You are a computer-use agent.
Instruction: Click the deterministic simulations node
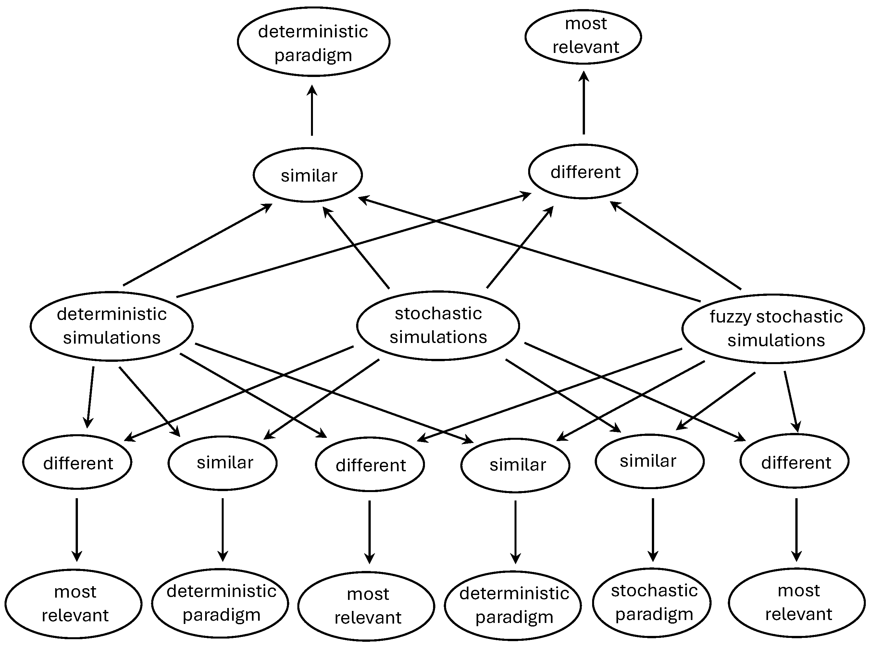tap(111, 326)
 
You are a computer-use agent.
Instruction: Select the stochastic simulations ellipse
tap(438, 325)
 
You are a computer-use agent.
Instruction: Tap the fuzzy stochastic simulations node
tap(773, 328)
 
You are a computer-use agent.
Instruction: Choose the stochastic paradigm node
tap(652, 602)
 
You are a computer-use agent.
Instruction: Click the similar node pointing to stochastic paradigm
tap(649, 462)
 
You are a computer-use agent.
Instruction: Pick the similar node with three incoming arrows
tap(308, 175)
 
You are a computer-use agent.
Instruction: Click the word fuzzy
tap(730, 317)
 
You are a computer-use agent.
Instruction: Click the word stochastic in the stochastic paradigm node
tap(654, 590)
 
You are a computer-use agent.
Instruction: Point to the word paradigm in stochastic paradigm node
tap(654, 614)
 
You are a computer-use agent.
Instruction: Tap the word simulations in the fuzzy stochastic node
tap(776, 340)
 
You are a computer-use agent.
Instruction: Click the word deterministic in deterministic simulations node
tap(112, 314)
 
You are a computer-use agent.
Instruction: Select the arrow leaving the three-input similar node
tap(312, 110)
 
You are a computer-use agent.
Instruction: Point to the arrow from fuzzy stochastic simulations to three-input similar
tap(528, 249)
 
